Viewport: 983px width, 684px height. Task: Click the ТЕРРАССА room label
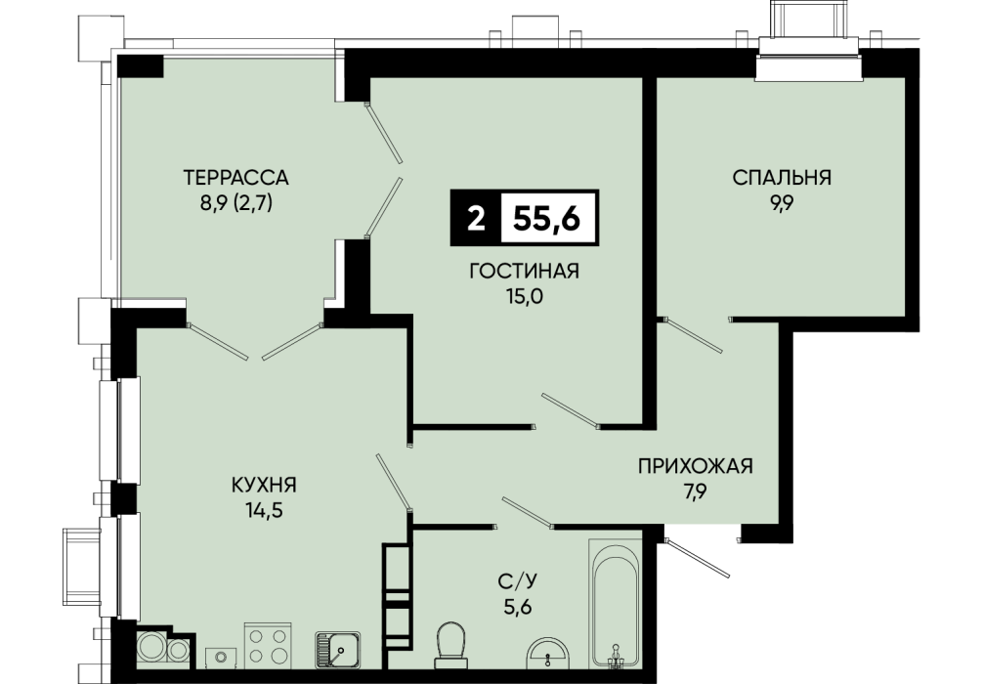click(235, 178)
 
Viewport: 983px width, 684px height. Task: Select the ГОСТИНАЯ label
click(524, 271)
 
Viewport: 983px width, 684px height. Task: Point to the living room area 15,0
click(525, 296)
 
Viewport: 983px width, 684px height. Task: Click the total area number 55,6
click(547, 218)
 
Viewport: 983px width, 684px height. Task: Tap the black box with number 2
click(476, 218)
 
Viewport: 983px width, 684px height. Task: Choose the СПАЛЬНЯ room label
click(782, 178)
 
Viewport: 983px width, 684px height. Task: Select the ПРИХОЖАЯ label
click(696, 466)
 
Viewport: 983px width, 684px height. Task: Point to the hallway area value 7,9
click(696, 492)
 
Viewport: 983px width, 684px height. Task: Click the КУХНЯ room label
click(264, 485)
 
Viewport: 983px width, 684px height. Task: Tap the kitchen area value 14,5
click(265, 510)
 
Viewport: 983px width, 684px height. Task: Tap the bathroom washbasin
click(548, 652)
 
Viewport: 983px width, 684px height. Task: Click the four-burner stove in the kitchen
click(268, 645)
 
